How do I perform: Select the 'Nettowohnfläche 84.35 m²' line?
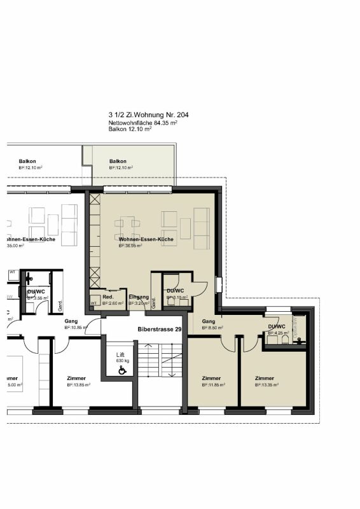[x=142, y=123]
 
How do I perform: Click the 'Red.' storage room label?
[x=108, y=298]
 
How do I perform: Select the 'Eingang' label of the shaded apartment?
[x=138, y=298]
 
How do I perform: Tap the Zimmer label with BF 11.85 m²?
[x=211, y=378]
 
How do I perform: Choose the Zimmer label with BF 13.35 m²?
[x=265, y=378]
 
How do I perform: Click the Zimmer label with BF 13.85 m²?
[x=76, y=378]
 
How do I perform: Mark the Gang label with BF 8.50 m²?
[x=209, y=322]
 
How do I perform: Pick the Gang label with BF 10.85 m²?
[x=71, y=322]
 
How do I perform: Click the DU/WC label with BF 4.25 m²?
[x=277, y=326]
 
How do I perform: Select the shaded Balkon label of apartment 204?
[x=118, y=162]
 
